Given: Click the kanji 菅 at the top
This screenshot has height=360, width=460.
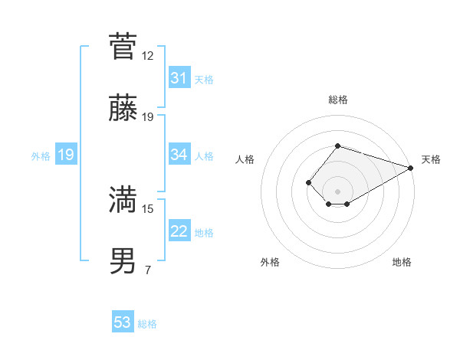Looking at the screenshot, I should point(123,47).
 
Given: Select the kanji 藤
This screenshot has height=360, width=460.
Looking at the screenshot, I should point(123,108).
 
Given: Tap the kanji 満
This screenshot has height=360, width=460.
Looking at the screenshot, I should point(123,201).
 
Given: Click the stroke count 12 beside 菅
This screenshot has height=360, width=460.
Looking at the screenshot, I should point(148,56).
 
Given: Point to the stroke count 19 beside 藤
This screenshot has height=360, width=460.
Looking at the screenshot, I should point(148,117).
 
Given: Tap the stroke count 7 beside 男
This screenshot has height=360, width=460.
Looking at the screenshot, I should point(148,270).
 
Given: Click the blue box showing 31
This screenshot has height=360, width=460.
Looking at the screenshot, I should point(179,78).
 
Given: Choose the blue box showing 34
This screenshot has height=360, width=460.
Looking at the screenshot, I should point(179,155).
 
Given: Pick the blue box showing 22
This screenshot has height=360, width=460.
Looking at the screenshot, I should point(179,231).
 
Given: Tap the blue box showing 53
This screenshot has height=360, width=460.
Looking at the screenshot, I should point(123,322).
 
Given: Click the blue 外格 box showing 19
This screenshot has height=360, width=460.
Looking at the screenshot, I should point(65,155).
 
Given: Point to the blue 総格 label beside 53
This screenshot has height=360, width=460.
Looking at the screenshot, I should point(147,324).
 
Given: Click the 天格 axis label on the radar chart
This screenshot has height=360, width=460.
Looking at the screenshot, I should point(431,159).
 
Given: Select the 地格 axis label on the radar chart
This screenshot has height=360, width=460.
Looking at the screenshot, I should point(402,262).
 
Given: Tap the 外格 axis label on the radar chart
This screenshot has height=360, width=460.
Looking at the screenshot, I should point(270,262).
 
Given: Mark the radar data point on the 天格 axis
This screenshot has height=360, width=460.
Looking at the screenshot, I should point(411,168).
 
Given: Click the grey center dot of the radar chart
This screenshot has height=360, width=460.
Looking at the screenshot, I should point(337,191).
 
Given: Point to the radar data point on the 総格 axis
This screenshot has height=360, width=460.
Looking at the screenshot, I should point(337,146).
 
